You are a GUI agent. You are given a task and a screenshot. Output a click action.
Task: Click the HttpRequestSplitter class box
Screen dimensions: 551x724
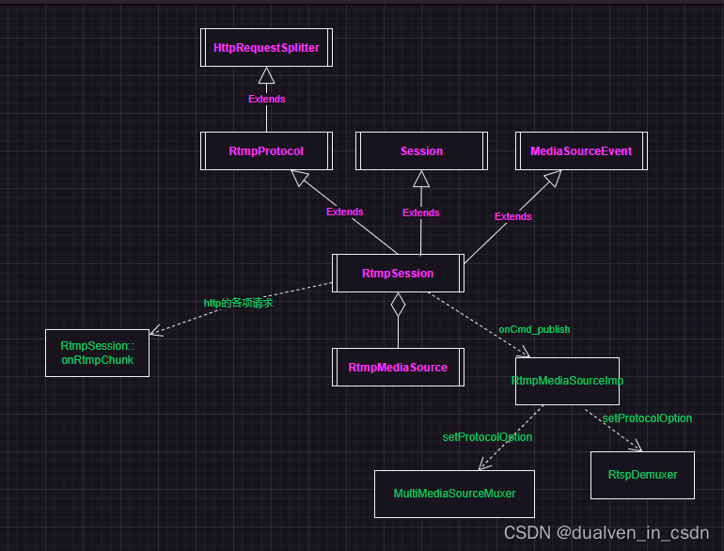coord(266,48)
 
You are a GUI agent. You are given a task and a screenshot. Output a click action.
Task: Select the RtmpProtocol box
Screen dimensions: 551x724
coord(266,151)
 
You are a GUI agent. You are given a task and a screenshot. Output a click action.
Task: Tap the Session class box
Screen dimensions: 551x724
coord(421,151)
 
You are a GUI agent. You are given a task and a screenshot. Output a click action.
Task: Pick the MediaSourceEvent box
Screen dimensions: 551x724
coord(581,151)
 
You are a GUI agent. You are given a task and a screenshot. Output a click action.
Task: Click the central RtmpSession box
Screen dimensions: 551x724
coord(398,274)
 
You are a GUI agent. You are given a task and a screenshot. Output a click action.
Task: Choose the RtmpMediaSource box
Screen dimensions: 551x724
coord(398,367)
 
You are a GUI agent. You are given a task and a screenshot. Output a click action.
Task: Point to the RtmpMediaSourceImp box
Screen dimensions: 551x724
coord(567,381)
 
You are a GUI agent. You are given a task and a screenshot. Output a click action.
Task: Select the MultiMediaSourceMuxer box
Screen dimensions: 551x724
coord(454,494)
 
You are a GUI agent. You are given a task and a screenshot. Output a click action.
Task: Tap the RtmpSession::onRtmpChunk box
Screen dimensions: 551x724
coord(97,353)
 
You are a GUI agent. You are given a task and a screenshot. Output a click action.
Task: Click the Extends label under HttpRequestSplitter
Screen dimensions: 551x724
coord(266,99)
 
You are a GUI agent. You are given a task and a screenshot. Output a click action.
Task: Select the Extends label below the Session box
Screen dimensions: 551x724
coord(420,213)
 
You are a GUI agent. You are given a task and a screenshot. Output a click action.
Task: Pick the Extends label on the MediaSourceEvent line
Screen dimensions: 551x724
coord(512,216)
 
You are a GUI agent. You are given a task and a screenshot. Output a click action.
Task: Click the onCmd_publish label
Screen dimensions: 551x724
coord(534,330)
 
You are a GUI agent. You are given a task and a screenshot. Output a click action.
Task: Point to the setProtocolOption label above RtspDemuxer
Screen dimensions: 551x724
coord(647,418)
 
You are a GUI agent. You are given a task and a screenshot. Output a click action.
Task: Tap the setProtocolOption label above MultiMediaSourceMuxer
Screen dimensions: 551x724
coord(487,437)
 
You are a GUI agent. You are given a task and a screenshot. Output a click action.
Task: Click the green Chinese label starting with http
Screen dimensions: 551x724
coord(238,304)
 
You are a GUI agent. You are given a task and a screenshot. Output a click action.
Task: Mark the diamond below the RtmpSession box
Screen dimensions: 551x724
coord(398,304)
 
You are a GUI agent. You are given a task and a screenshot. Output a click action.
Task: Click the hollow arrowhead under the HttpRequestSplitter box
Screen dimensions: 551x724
coord(266,76)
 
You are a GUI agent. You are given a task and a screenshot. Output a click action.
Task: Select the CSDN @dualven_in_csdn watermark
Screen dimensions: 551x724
coord(606,533)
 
